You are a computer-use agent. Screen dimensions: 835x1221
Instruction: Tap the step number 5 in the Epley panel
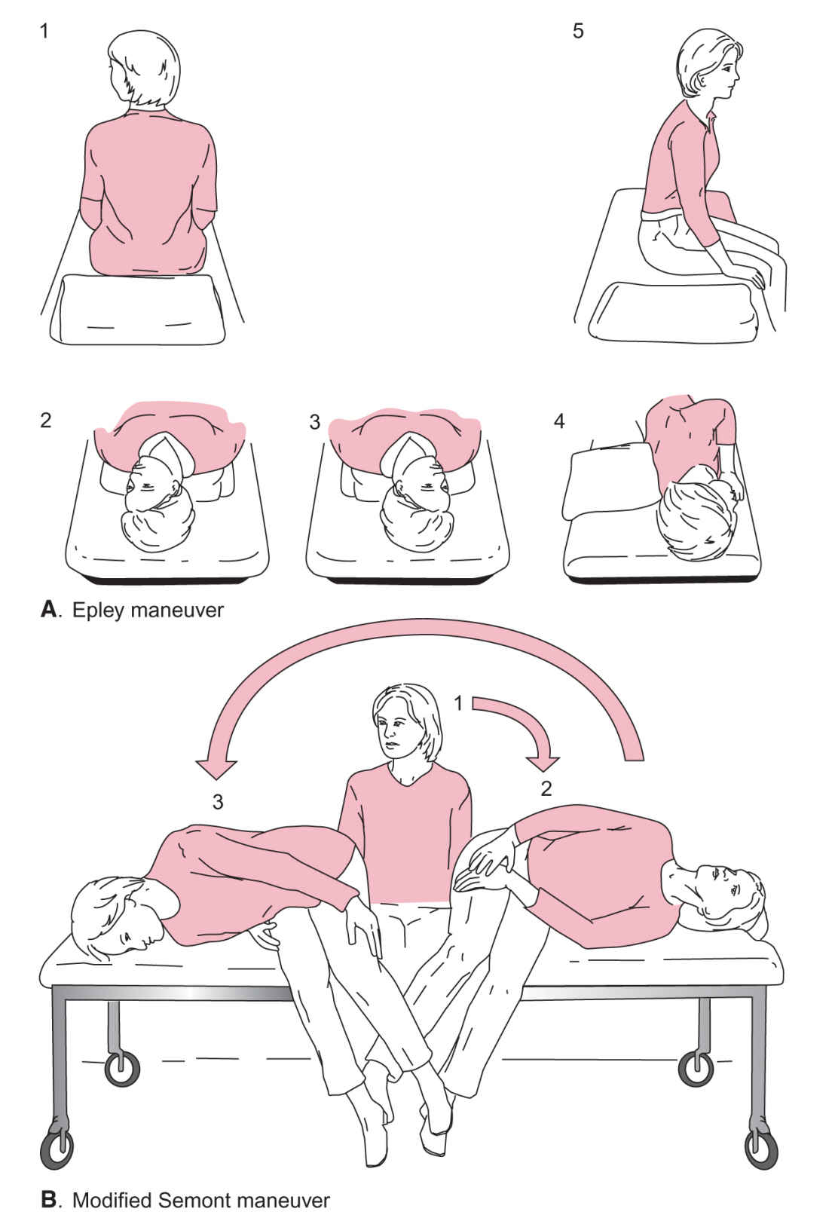[x=578, y=31]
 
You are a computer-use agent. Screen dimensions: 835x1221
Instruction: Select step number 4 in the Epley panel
[x=559, y=421]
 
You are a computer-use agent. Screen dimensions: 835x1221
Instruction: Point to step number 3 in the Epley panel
[x=314, y=422]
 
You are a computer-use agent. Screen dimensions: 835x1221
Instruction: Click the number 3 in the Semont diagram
[x=218, y=802]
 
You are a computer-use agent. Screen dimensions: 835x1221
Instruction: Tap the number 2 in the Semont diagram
[x=546, y=788]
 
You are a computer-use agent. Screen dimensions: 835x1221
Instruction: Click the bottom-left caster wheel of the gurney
[x=57, y=1150]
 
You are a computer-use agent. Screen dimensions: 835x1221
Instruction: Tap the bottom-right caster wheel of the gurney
[x=761, y=1150]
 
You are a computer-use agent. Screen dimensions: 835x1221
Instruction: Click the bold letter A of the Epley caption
[x=50, y=609]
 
